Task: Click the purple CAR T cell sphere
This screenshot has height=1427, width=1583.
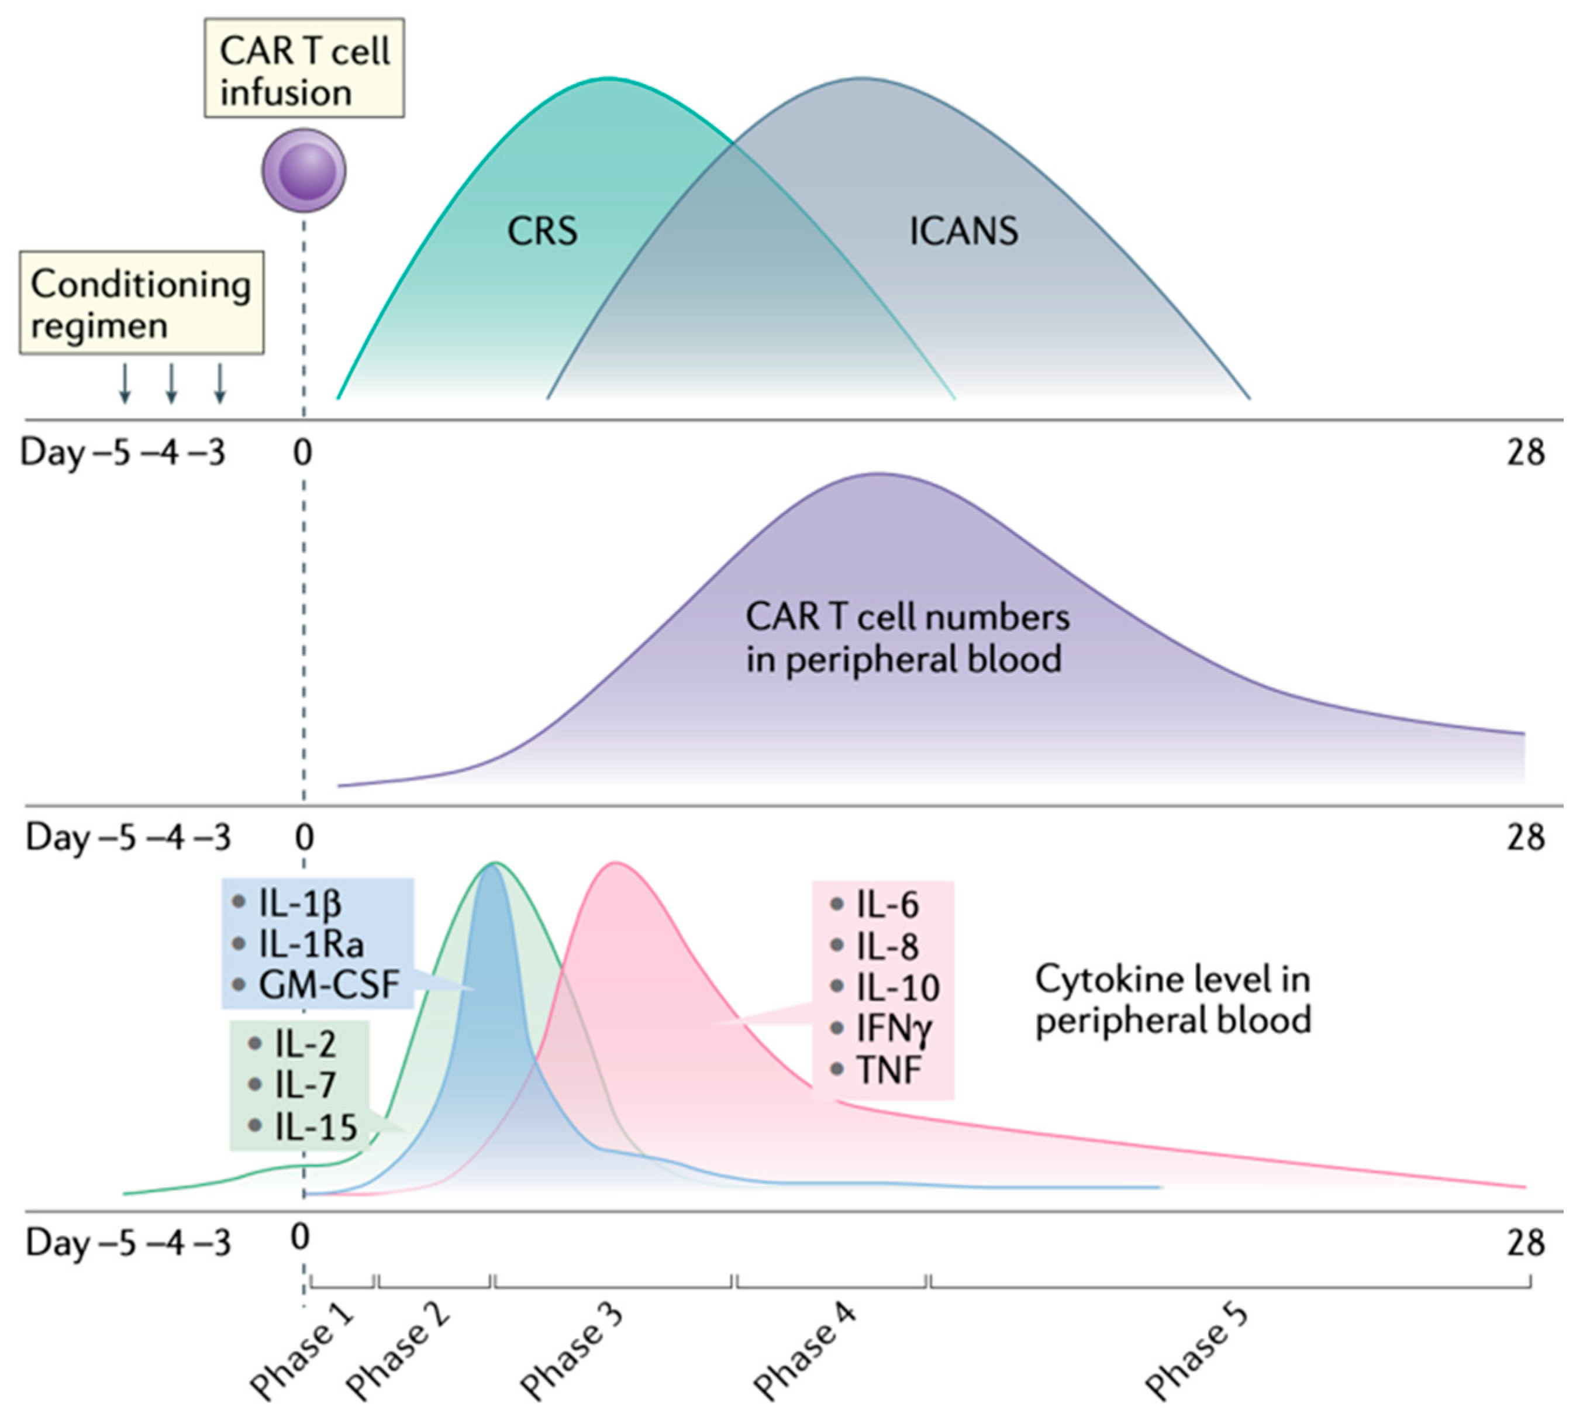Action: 304,170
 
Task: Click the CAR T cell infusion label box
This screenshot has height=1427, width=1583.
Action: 304,69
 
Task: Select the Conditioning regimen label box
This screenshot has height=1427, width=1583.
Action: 141,304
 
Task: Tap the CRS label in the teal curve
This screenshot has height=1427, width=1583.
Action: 542,231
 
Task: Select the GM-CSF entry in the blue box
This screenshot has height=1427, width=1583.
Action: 329,985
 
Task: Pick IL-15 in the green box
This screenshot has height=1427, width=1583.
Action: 315,1127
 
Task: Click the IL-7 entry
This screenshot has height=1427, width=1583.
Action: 305,1085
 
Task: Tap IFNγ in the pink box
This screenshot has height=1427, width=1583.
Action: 894,1028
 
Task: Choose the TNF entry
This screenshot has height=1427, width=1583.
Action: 888,1070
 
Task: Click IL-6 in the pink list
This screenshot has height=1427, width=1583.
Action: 887,905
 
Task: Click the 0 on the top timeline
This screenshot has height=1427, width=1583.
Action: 303,453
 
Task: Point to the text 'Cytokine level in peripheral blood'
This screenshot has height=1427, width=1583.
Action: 1172,999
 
